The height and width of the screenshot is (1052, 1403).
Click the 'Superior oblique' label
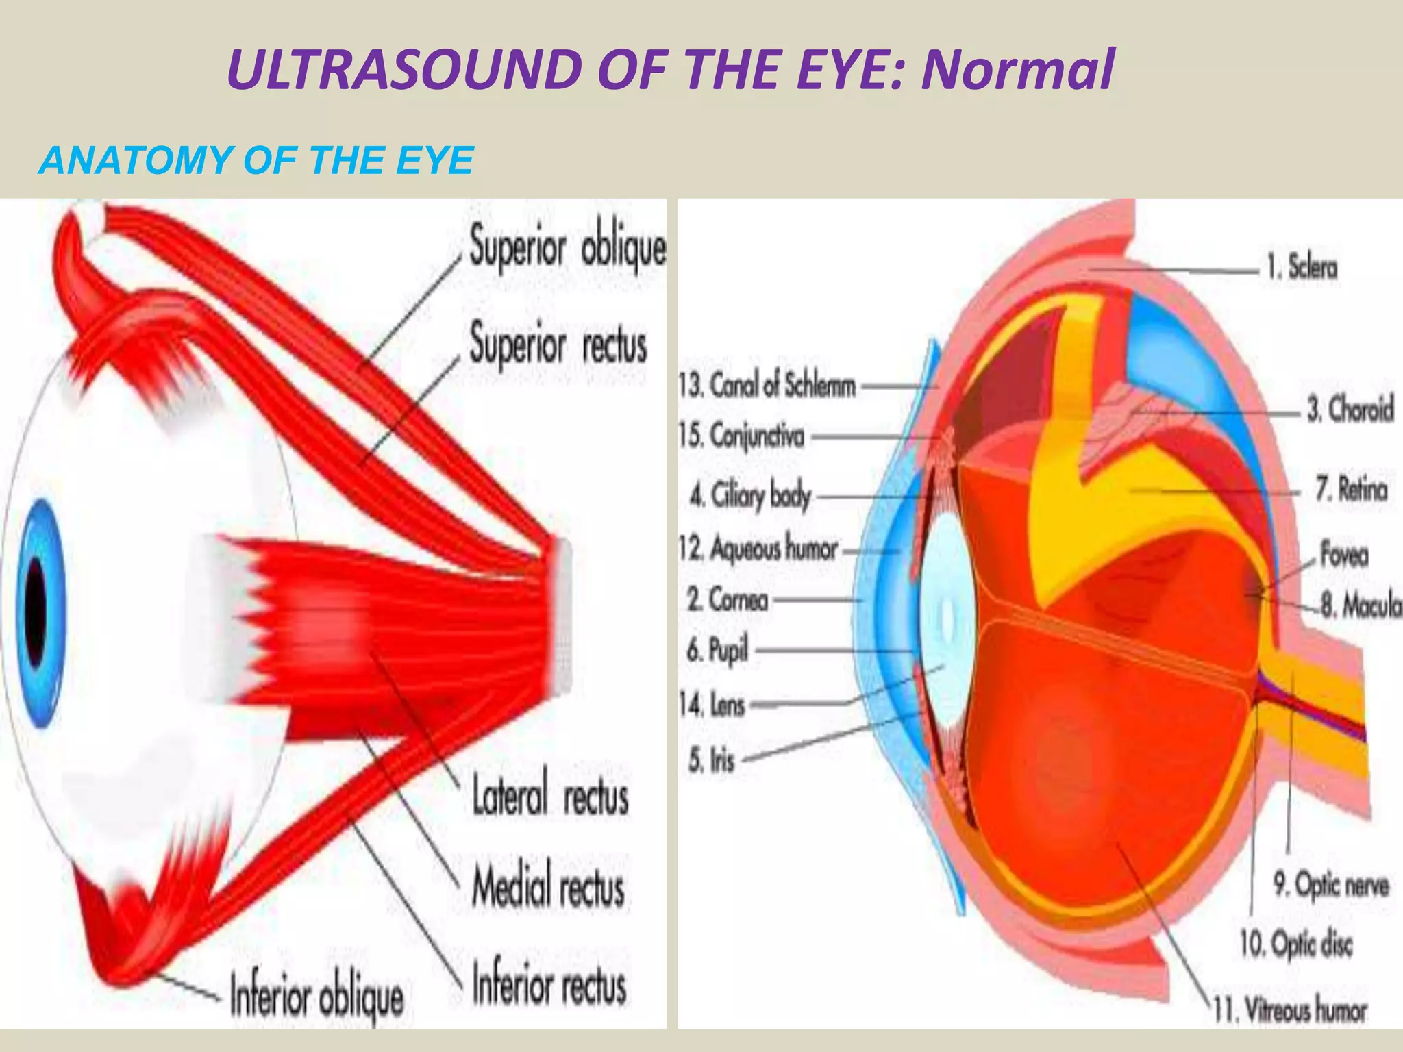(x=567, y=248)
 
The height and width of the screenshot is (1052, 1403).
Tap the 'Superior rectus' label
(x=558, y=345)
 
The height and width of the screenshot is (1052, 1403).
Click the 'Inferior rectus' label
(x=549, y=985)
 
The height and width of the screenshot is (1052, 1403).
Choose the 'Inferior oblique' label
(x=316, y=998)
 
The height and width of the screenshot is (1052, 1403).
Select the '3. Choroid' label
(x=1350, y=410)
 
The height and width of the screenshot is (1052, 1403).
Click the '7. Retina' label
(x=1351, y=490)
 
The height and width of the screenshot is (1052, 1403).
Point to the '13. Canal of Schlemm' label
(x=767, y=386)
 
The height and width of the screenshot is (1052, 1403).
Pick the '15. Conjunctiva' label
(x=741, y=436)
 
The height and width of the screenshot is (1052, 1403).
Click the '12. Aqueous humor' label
(x=758, y=549)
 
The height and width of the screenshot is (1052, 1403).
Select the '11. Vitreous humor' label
(x=1289, y=1010)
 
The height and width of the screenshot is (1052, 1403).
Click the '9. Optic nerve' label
(x=1330, y=886)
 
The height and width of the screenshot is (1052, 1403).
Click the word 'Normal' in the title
(x=1017, y=70)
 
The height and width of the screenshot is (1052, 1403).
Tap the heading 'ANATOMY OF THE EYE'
(x=256, y=161)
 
